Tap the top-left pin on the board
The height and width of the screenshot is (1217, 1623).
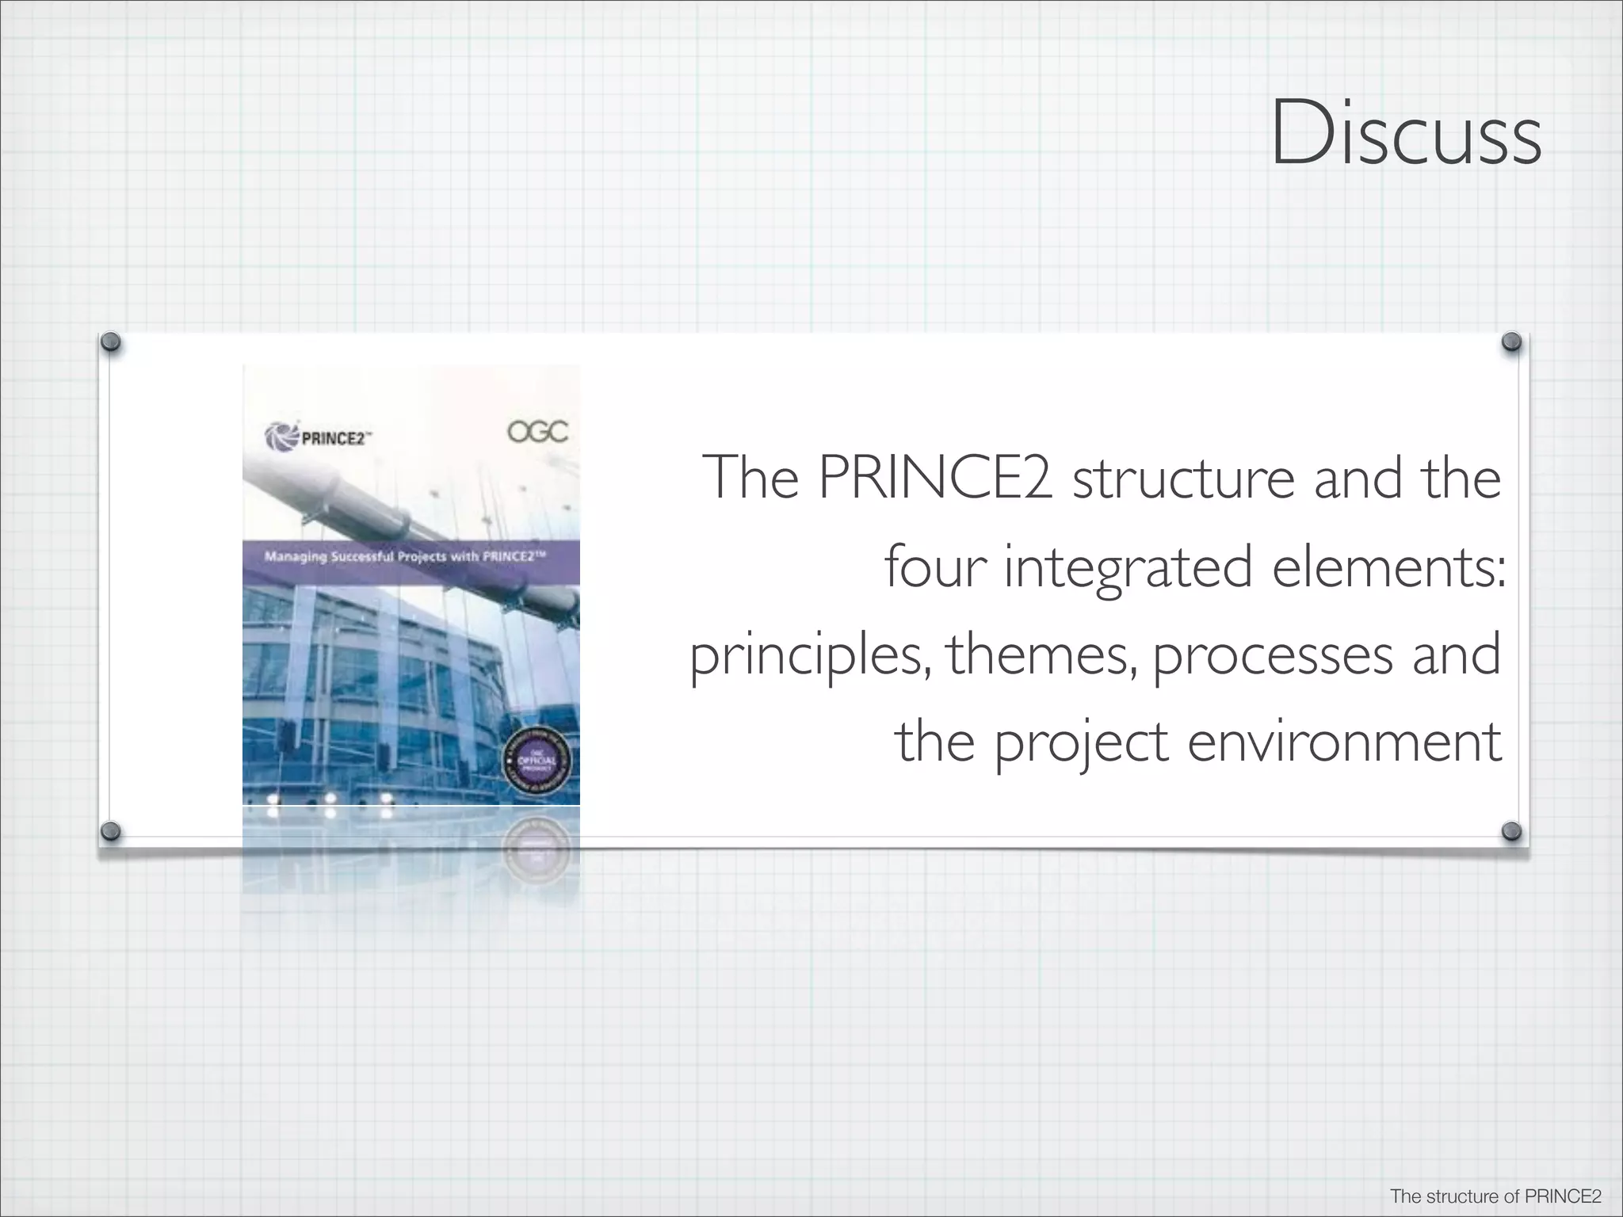point(113,342)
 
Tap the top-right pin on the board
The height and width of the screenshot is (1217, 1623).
point(1511,342)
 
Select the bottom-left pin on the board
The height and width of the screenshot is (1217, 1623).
point(113,830)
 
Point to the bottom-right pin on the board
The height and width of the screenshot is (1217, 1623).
point(1511,830)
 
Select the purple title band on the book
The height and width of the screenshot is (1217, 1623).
point(411,557)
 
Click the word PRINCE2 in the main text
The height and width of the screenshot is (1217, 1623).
point(935,479)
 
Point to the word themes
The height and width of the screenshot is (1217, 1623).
point(1042,656)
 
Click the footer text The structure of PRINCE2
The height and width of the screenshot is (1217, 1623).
point(1493,1196)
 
